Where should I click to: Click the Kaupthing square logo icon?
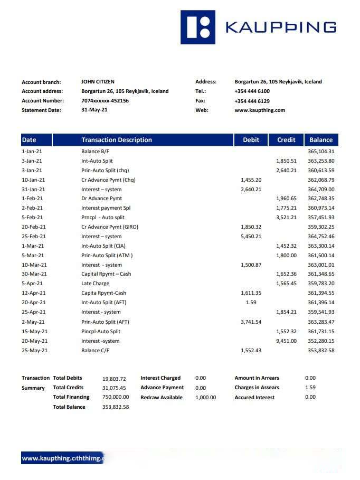point(198,27)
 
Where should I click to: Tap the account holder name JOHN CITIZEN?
point(98,82)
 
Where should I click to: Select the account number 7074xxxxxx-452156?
point(105,100)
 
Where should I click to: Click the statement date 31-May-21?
point(94,110)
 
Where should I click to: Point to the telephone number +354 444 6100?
point(252,91)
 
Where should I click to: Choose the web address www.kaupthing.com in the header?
point(260,110)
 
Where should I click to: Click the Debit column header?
point(251,140)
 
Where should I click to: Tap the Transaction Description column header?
point(116,140)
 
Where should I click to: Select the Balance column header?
point(320,140)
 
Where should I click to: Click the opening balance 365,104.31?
point(321,152)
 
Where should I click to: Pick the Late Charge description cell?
point(95,284)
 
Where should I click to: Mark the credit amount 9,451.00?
point(286,341)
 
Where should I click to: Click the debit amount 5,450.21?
point(251,236)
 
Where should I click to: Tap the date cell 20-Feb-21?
point(34,227)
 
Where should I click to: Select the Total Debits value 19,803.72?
point(114,379)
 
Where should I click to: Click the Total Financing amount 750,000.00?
point(115,397)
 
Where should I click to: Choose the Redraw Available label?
point(162,397)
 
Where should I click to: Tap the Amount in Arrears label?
point(257,378)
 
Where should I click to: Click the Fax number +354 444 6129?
point(252,101)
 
